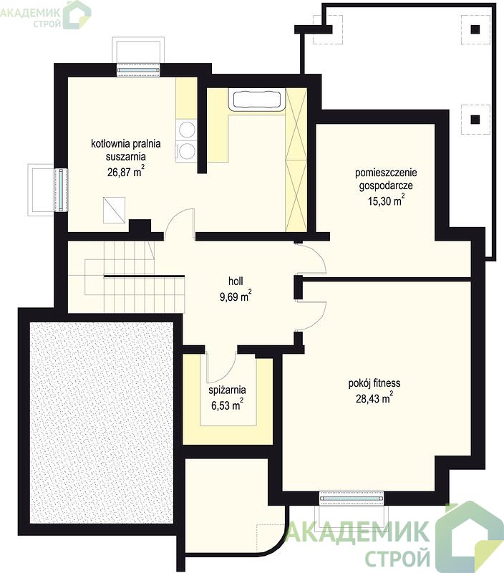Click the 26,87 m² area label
coord(125,171)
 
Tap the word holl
coord(236,281)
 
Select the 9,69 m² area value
coord(236,296)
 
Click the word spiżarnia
coord(227,390)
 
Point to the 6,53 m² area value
coord(227,405)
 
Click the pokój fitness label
coord(374,383)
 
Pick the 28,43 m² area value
coord(374,398)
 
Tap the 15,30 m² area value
coord(386,201)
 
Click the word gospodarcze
coord(386,186)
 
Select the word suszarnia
coord(125,157)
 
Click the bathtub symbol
coord(256,99)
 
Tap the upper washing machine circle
coord(187,130)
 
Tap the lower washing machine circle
coord(188,150)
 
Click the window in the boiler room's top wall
coord(138,69)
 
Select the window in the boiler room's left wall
coord(62,189)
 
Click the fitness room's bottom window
coord(352,498)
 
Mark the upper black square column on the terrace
coord(475,29)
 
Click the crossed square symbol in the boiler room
coord(114,210)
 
